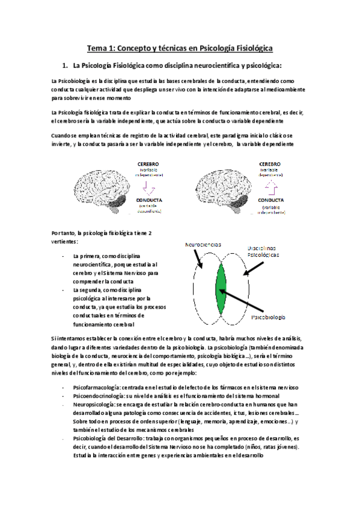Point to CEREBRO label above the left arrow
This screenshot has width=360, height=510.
148,164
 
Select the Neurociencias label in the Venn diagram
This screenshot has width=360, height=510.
203,245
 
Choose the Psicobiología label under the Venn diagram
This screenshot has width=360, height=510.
267,317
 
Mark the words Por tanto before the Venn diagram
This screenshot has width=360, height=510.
64,233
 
